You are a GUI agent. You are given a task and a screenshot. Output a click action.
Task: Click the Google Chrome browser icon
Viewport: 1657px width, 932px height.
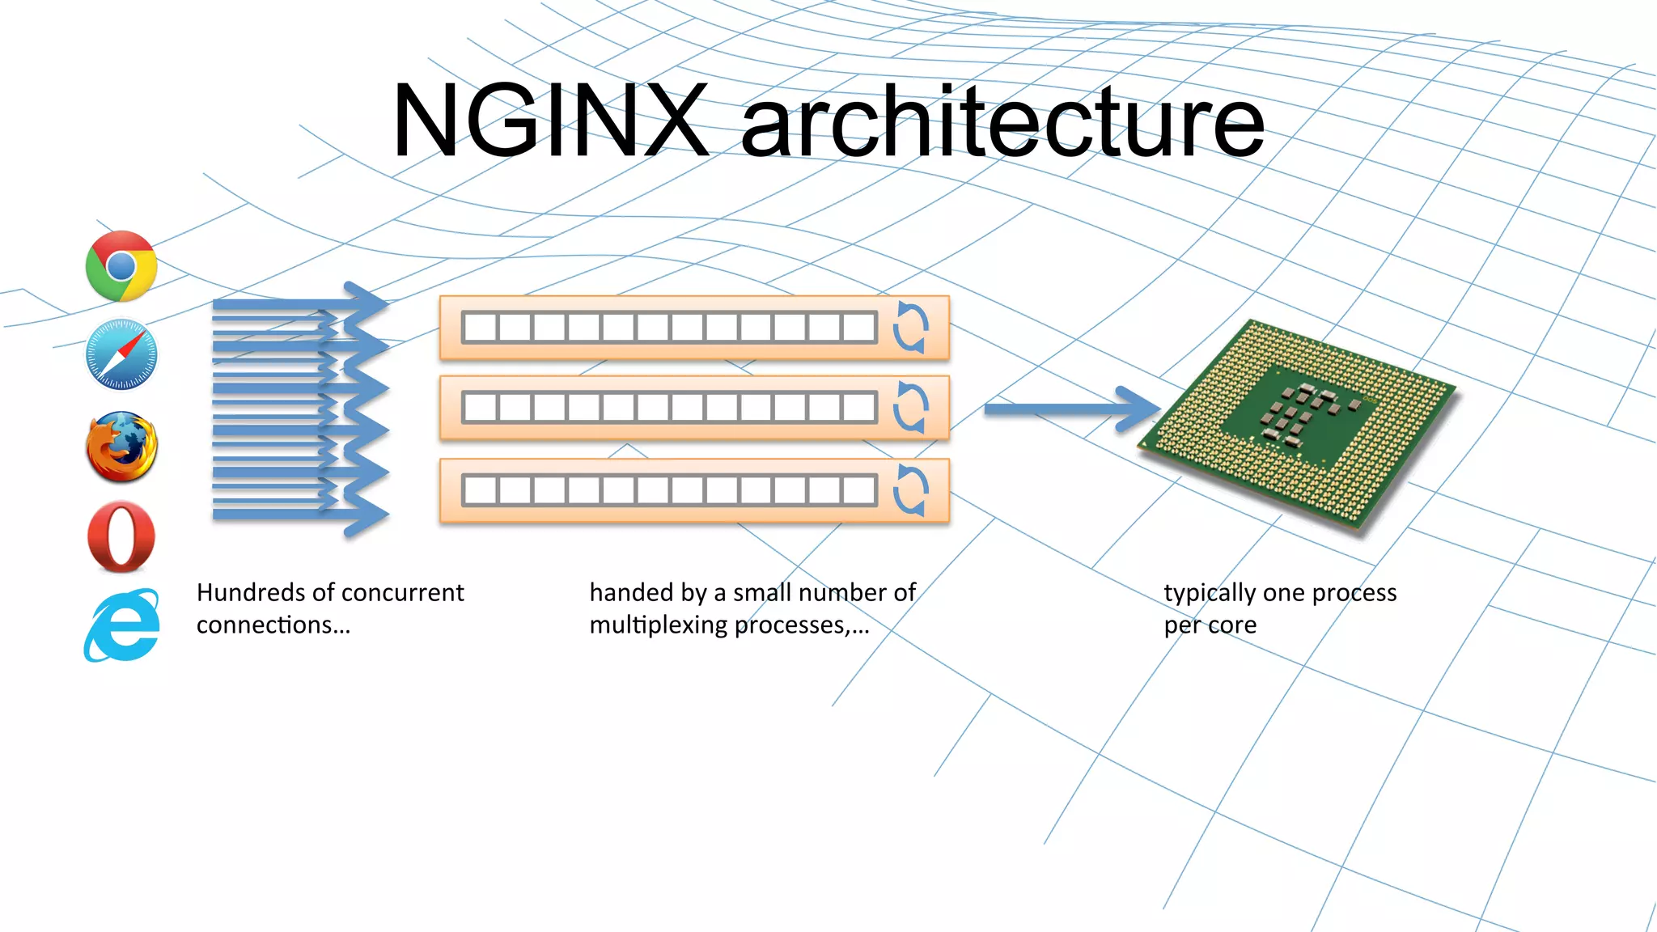point(121,266)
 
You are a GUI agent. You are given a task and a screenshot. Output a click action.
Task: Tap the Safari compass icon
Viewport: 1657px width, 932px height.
point(121,355)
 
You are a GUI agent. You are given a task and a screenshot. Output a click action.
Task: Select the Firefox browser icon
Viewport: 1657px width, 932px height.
point(121,447)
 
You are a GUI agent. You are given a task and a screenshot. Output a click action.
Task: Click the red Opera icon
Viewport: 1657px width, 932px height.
point(121,536)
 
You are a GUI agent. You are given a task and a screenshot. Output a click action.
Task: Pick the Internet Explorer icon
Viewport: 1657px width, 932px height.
point(121,625)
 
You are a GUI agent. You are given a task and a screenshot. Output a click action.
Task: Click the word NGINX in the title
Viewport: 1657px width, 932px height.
point(550,121)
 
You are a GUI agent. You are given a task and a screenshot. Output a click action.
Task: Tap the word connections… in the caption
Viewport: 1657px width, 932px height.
point(273,625)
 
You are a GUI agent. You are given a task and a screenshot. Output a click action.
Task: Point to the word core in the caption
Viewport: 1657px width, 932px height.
point(1232,625)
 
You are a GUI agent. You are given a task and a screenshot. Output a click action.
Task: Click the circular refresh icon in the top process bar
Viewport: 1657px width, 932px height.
point(910,328)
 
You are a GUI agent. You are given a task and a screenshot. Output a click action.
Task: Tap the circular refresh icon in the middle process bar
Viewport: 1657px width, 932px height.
point(910,407)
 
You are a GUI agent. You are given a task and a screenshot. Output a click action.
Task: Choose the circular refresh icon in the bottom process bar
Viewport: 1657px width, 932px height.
point(910,490)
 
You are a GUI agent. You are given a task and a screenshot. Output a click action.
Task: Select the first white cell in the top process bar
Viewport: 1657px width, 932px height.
point(480,328)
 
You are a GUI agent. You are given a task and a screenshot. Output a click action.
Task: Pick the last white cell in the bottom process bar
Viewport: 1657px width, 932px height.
point(858,490)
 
